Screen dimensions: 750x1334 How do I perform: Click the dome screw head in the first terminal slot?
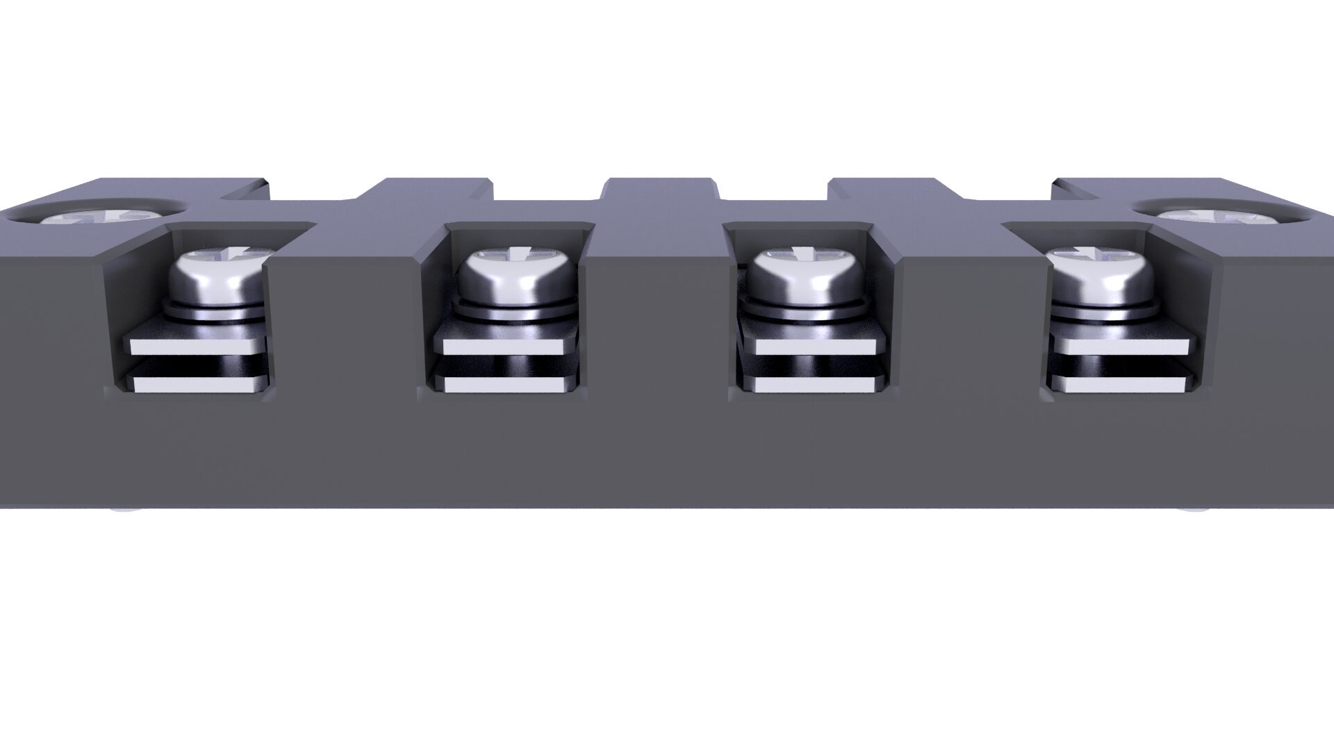pos(217,278)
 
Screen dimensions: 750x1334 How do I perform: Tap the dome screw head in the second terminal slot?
pos(518,278)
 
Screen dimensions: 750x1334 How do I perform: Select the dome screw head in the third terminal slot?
pos(806,278)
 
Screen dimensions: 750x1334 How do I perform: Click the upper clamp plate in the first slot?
pos(197,344)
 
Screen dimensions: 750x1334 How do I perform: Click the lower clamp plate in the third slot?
pos(813,384)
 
